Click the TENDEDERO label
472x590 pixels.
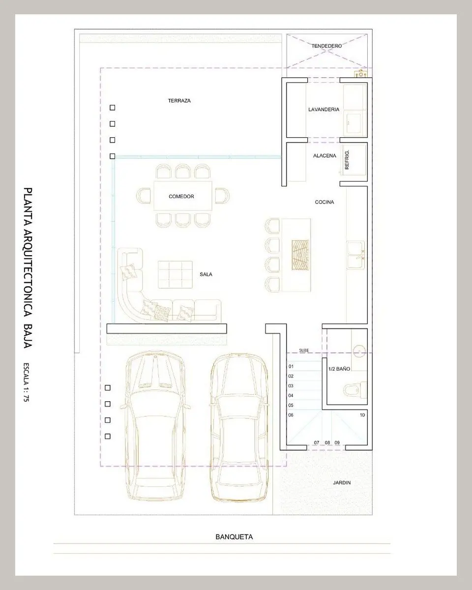(326, 46)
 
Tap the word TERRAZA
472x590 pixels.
(179, 101)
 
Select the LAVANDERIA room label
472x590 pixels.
(324, 109)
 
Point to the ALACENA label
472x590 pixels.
(324, 156)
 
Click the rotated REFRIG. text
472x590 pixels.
(347, 160)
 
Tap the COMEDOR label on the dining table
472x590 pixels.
(181, 197)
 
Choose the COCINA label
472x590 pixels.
(324, 202)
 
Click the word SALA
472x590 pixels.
(206, 274)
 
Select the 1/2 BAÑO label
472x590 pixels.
(339, 369)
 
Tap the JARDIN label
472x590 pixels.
(342, 483)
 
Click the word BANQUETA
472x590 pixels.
(234, 537)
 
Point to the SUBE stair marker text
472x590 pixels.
(304, 351)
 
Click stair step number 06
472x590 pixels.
(291, 415)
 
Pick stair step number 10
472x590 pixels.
(362, 415)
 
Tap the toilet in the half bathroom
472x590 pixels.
(355, 390)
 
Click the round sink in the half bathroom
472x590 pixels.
(359, 351)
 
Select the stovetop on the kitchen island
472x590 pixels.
(300, 255)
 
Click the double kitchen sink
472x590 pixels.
(355, 255)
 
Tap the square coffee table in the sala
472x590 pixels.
(175, 275)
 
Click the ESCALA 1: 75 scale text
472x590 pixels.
(27, 382)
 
